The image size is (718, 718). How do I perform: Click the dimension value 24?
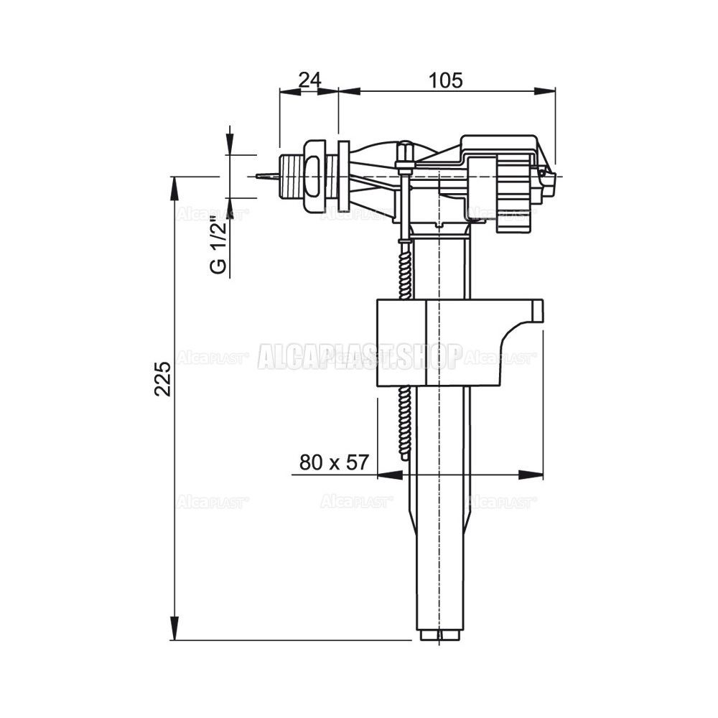(x=310, y=80)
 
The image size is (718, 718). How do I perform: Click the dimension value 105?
(x=446, y=80)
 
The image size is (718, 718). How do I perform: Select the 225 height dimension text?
(x=162, y=378)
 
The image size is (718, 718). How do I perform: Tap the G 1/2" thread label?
(x=219, y=248)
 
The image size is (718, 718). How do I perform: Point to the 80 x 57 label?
(x=334, y=462)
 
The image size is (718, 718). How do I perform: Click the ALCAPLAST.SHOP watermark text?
(x=358, y=356)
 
